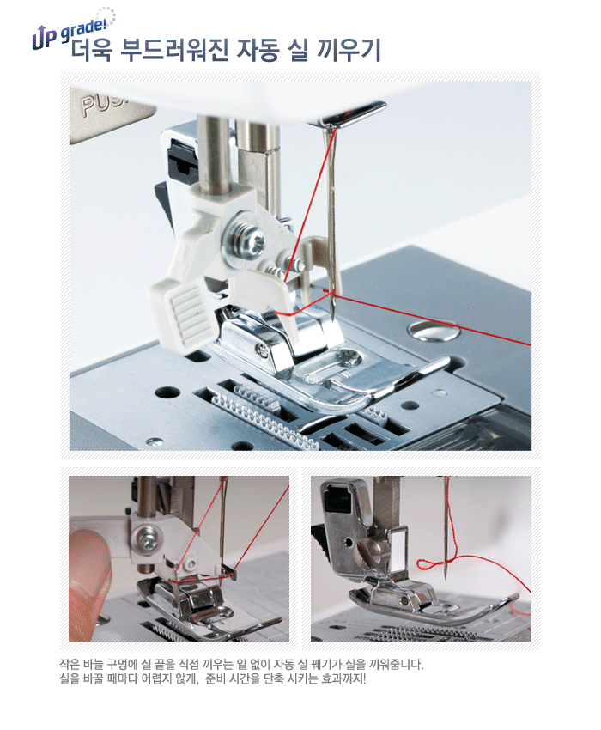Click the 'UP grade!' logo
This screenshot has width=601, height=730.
point(73,29)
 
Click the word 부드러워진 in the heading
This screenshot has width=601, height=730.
point(173,51)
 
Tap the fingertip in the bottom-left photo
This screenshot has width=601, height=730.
point(89,581)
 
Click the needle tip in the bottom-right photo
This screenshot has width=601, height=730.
point(446,577)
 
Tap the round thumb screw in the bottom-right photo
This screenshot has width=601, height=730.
point(370,549)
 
